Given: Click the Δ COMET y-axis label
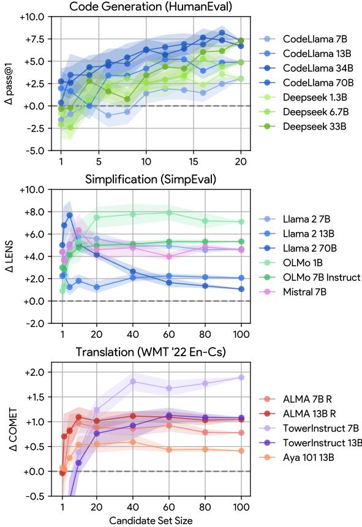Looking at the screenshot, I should pyautogui.click(x=9, y=428).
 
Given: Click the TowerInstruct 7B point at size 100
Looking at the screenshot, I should pyautogui.click(x=241, y=378).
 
